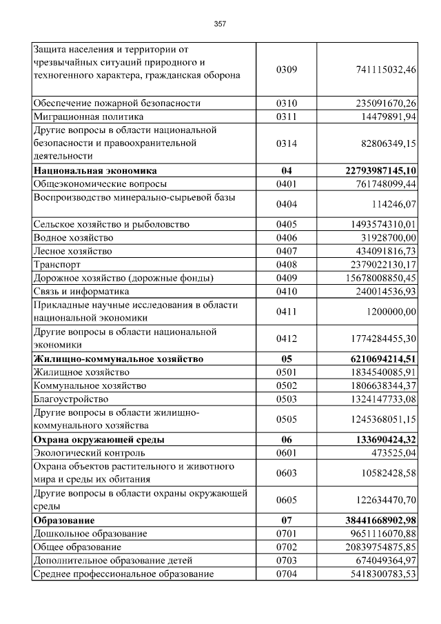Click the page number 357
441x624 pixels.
tap(220, 23)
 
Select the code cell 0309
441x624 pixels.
tap(286, 70)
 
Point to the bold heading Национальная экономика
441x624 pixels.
tap(95, 170)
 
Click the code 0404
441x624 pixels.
tap(286, 204)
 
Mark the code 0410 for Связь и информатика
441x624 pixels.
tap(286, 291)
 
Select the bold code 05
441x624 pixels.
tap(286, 359)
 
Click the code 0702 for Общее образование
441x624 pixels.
tap(286, 547)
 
